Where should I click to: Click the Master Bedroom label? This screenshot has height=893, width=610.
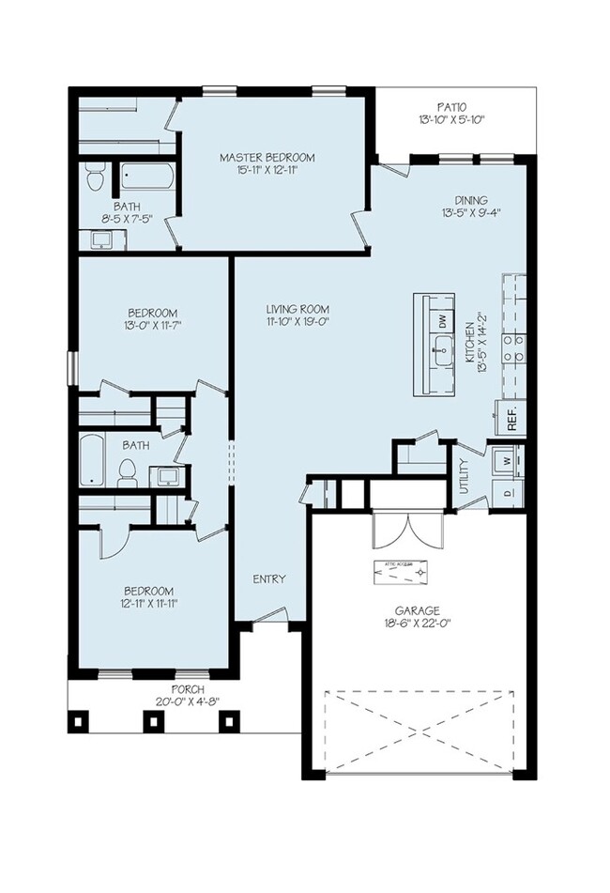coord(267,157)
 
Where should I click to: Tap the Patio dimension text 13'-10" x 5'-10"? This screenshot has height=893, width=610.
coord(451,120)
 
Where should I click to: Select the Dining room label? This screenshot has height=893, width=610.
coord(470,199)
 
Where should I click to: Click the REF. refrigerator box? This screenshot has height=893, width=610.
coord(512,420)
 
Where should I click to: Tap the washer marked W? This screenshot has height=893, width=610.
coord(508,461)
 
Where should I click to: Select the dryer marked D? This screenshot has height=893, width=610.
coord(508,491)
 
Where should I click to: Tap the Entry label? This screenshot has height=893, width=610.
coord(269,578)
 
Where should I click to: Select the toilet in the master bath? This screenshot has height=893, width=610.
coord(94,177)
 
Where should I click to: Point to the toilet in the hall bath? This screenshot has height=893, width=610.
coord(128,472)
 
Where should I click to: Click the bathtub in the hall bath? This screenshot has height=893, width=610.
coord(91,460)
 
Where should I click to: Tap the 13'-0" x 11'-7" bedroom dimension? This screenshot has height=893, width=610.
coord(153,326)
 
